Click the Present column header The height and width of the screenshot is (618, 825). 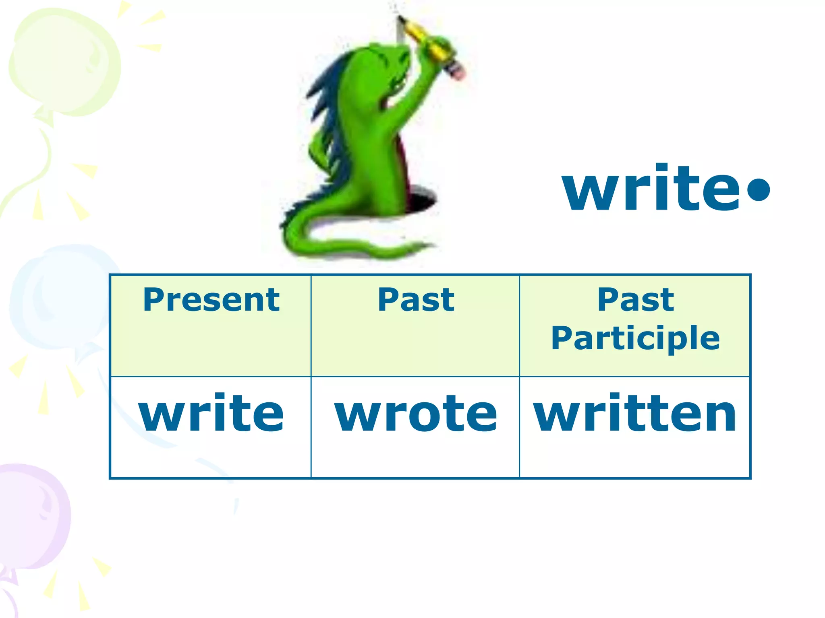pyautogui.click(x=211, y=300)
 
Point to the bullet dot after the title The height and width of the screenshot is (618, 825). pyautogui.click(x=758, y=191)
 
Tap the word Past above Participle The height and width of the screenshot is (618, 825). pyautogui.click(x=635, y=300)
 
